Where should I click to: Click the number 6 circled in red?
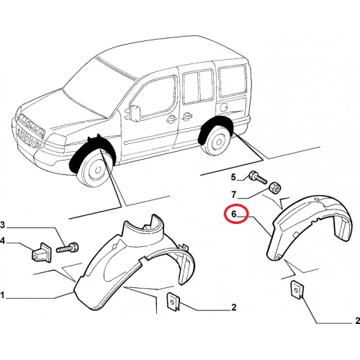(234, 214)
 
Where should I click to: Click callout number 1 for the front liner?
(2, 295)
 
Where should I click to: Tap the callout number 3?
(2, 225)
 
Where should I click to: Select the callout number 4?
(2, 240)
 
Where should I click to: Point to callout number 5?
(233, 177)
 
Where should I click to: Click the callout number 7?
(234, 194)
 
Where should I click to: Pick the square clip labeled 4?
(41, 253)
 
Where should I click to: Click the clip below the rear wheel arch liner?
(297, 290)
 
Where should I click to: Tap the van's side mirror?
(135, 112)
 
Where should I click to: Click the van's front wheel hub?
(96, 170)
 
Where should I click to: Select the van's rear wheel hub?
(218, 142)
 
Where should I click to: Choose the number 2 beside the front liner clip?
(234, 307)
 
